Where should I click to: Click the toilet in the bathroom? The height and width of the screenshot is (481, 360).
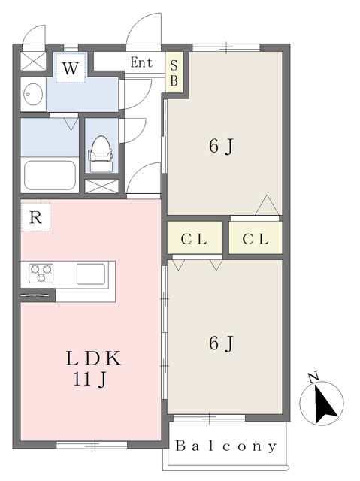[100, 153]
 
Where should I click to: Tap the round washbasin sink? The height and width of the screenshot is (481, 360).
[33, 93]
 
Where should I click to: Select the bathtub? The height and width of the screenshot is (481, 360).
[50, 175]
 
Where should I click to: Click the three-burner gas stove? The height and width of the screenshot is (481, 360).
[41, 273]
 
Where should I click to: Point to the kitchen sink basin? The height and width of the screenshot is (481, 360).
[91, 274]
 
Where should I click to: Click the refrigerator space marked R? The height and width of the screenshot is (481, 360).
[35, 217]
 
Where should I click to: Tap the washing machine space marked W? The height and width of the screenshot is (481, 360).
[71, 68]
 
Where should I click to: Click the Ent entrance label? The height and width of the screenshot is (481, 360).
[141, 62]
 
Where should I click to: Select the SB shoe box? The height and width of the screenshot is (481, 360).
[174, 72]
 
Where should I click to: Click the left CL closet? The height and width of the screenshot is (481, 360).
[195, 237]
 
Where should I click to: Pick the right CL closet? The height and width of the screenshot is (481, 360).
[256, 237]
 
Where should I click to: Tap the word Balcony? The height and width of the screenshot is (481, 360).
[225, 446]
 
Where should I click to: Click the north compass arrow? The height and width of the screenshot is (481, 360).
[325, 404]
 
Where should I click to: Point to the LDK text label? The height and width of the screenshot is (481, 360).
[93, 358]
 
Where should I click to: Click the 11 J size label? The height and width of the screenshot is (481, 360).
[89, 379]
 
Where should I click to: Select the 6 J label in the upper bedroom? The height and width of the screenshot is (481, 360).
[222, 146]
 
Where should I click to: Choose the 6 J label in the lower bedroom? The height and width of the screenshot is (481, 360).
[222, 343]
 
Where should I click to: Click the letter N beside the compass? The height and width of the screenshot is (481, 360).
[313, 377]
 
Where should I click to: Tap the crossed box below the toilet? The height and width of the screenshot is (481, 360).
[101, 186]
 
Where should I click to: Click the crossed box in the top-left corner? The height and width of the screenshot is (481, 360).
[33, 61]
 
